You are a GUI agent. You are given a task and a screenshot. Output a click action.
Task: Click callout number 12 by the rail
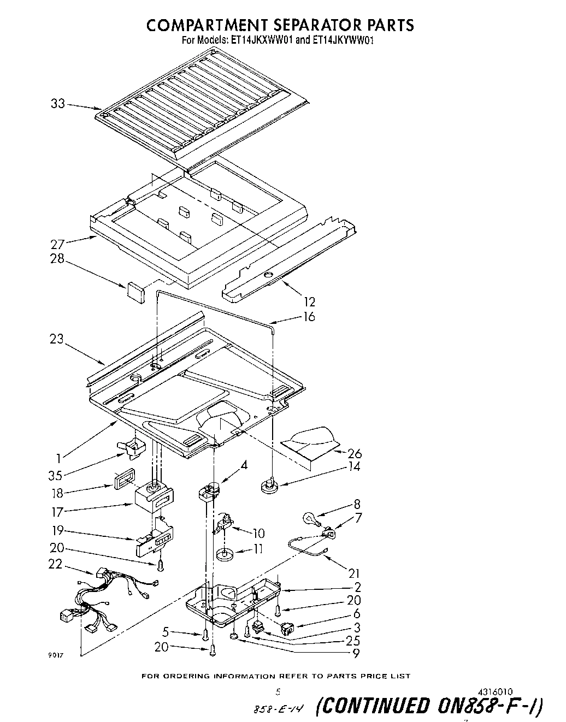coord(309,301)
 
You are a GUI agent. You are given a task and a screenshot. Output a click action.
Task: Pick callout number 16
coord(309,316)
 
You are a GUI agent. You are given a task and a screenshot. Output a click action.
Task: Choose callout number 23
coord(57,339)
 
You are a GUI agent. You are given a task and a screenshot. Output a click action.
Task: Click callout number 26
coord(354,453)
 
